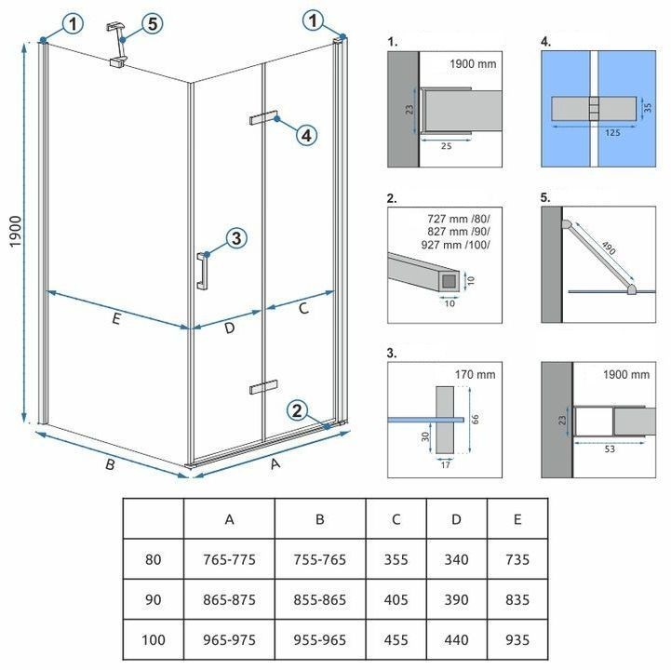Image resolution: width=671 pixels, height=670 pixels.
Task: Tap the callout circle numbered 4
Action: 306,135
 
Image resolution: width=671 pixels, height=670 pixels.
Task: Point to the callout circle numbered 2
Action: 296,409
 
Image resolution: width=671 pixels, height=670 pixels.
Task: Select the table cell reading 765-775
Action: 229,560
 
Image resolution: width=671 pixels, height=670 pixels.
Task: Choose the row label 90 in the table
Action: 154,601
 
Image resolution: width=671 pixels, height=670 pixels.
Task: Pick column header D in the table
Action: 456,519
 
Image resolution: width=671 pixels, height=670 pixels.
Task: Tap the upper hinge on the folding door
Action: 263,117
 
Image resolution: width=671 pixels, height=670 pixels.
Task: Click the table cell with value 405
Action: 396,601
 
